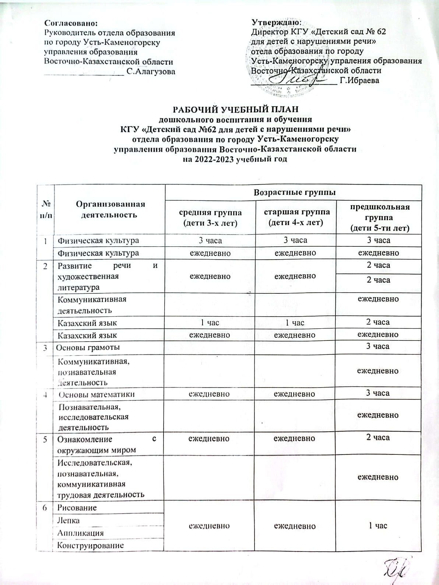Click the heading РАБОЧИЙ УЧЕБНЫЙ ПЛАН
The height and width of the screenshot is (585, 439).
[x=236, y=110]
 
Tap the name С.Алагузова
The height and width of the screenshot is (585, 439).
[x=151, y=71]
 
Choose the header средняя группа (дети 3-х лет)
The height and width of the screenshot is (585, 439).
[x=210, y=217]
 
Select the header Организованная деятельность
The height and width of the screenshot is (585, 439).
[x=110, y=209]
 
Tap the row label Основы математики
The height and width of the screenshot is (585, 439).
[x=97, y=394]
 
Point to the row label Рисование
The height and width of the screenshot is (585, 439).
[x=77, y=507]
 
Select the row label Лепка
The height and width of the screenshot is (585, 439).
[x=69, y=520]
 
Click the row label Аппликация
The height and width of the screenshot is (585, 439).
[x=80, y=533]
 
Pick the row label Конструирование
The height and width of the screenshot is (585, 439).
[x=90, y=546]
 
